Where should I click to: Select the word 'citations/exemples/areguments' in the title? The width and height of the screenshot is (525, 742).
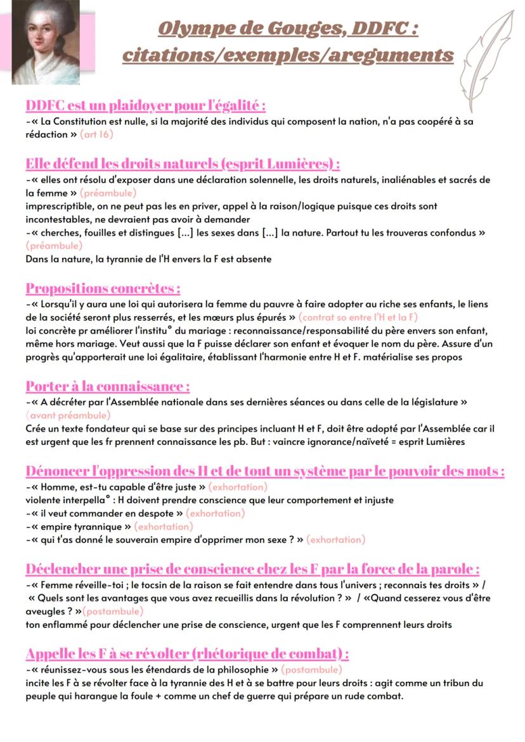coord(288,55)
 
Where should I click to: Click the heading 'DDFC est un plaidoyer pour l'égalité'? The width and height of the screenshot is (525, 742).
coord(145,105)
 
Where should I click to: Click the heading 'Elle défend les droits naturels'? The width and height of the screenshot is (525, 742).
coord(183,163)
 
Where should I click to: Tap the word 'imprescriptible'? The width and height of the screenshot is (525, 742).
coord(63,207)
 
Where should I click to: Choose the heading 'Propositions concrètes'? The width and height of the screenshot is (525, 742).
coord(103,288)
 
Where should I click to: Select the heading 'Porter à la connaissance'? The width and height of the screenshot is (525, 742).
coord(108,386)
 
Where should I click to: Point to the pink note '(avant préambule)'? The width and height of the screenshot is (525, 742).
coord(68,416)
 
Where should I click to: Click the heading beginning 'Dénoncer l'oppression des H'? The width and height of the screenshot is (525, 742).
coord(265,471)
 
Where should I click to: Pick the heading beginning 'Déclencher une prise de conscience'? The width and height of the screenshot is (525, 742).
coord(252,568)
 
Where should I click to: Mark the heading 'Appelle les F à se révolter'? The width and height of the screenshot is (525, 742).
coord(187,653)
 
